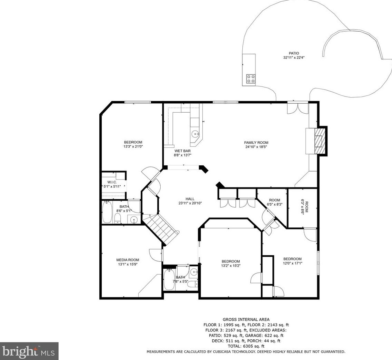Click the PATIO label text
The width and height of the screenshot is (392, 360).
tap(294, 53)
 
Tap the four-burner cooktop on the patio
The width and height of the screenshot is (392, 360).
tap(251, 79)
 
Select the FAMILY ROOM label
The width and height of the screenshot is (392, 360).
tap(256, 143)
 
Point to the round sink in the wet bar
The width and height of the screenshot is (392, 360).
tap(195, 134)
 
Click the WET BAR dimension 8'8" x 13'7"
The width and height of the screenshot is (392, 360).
tap(182, 155)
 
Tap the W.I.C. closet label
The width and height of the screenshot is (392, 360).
tap(112, 182)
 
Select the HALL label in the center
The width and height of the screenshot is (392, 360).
tap(190, 199)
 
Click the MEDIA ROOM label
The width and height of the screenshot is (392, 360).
tap(128, 260)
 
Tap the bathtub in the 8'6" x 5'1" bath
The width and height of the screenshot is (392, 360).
tap(107, 212)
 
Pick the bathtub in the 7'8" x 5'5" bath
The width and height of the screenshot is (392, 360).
tap(169, 279)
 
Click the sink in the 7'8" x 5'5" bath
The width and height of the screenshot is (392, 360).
tap(193, 271)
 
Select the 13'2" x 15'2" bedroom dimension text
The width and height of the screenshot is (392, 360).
tap(231, 266)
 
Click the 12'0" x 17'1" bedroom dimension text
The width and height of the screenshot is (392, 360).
tap(292, 263)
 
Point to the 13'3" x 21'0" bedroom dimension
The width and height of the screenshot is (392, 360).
tap(133, 147)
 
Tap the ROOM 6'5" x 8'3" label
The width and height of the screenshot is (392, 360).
tap(274, 202)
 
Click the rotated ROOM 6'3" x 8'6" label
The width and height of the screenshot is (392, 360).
tap(304, 207)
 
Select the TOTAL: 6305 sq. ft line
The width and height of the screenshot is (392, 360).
tap(246, 346)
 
